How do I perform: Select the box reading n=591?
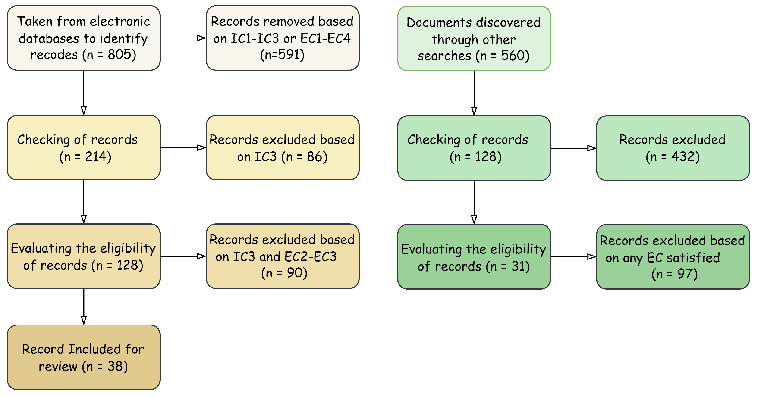[x=283, y=38]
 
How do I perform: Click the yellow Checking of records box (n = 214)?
[x=84, y=148]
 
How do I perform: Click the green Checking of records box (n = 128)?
[x=474, y=148]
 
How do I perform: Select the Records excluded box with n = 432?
[x=673, y=148]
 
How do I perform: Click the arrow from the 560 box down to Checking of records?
[x=474, y=93]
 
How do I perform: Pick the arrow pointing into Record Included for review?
[x=84, y=306]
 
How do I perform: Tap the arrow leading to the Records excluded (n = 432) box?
[x=573, y=148]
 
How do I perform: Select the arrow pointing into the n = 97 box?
[x=573, y=257]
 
